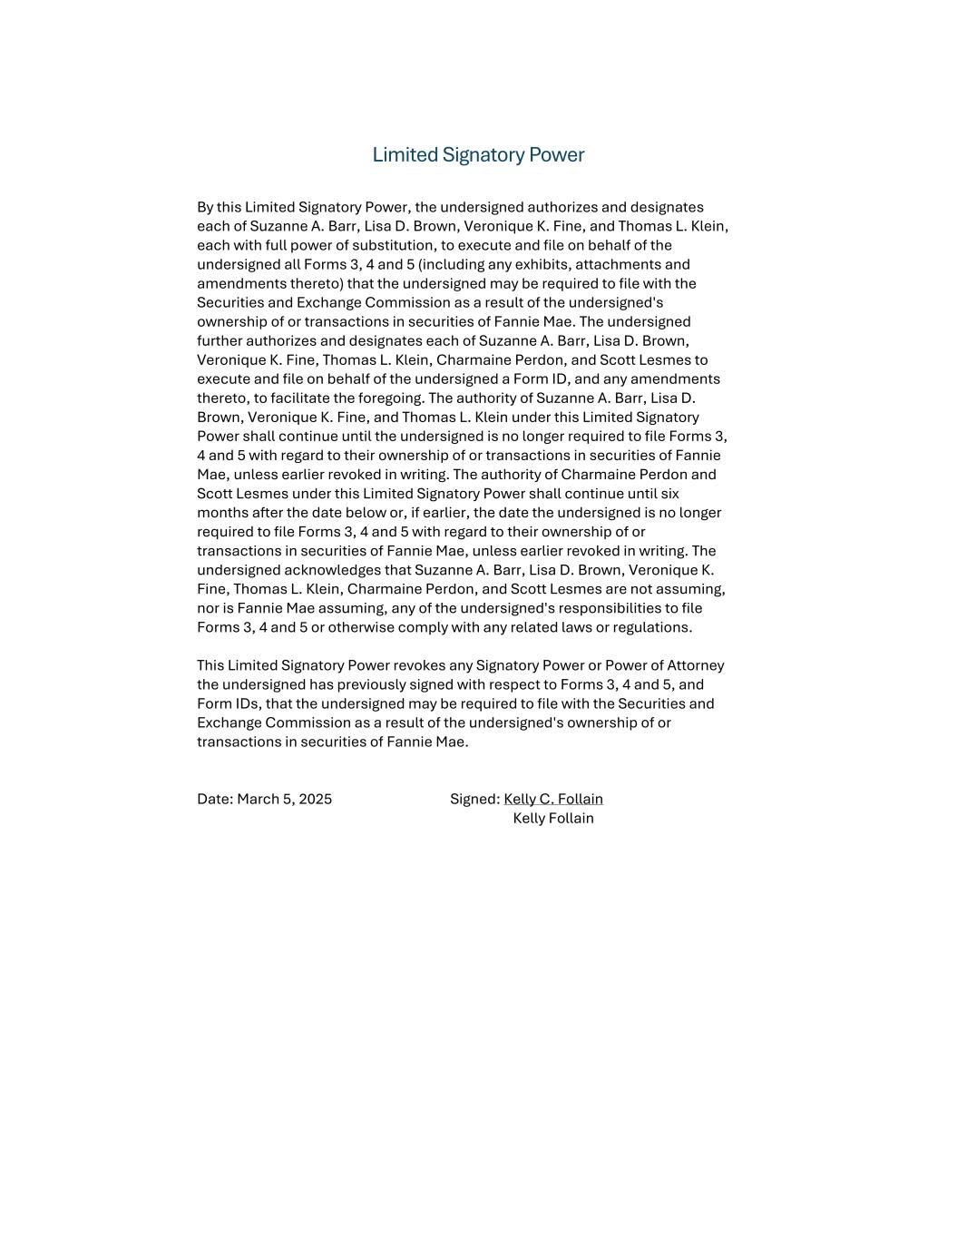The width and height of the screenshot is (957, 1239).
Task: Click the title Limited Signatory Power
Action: (x=478, y=155)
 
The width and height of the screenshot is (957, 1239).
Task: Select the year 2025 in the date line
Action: (x=315, y=800)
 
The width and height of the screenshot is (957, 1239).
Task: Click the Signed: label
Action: (x=474, y=800)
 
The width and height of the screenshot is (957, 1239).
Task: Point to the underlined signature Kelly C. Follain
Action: (x=553, y=800)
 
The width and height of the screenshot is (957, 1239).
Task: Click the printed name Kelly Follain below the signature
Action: (x=553, y=819)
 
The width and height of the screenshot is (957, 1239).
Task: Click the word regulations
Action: (x=651, y=628)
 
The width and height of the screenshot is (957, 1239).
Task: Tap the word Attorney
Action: (x=696, y=666)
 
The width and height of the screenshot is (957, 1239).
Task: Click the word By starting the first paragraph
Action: (x=205, y=208)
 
